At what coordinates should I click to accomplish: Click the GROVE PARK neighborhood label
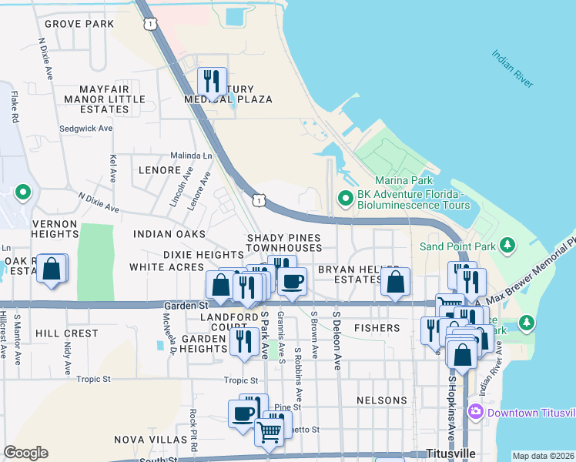point(79,24)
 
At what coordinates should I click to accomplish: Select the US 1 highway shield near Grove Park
point(149,25)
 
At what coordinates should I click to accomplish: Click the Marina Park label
point(409,181)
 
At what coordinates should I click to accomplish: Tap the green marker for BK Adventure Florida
point(345,200)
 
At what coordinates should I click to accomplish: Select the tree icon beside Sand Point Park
point(507,246)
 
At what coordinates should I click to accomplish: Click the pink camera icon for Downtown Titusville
point(475,412)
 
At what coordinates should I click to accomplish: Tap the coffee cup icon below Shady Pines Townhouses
point(292,281)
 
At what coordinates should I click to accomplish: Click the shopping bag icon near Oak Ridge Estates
point(52,269)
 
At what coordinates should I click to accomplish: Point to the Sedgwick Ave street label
point(86,129)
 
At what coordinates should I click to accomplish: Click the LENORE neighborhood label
point(159,169)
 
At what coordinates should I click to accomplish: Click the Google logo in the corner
point(25,453)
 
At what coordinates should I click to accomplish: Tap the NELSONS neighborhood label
point(382,400)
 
